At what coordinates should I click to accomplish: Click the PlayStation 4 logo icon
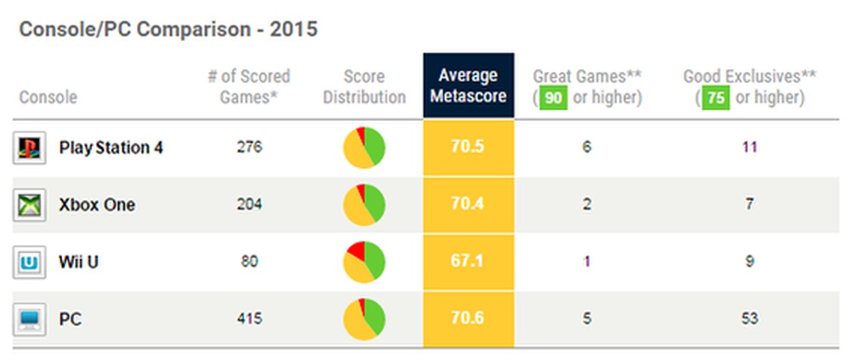(28, 148)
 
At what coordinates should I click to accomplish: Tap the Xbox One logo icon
(28, 205)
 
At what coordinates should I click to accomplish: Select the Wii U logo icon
(28, 262)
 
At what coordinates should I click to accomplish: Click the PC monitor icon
(28, 318)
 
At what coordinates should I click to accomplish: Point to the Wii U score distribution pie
(364, 262)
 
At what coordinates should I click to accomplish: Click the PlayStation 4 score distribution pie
(364, 148)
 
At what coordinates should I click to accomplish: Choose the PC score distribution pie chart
(364, 318)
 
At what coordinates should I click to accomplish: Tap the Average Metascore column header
(468, 85)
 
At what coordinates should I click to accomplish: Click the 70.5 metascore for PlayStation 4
(468, 148)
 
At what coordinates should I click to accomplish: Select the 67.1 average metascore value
(468, 262)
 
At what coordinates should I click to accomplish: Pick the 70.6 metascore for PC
(468, 318)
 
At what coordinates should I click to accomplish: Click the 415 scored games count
(249, 318)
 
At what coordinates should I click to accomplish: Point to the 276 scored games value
(249, 148)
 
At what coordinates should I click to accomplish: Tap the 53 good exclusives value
(749, 318)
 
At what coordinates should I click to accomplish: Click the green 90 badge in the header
(553, 97)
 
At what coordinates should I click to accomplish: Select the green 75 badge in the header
(716, 97)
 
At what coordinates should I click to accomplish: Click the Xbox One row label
(97, 205)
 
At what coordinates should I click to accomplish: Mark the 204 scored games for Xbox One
(249, 205)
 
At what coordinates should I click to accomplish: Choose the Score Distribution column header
(364, 87)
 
